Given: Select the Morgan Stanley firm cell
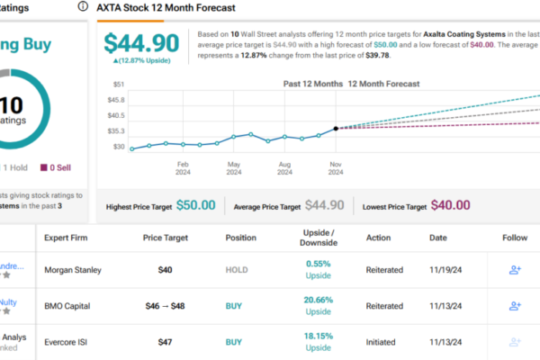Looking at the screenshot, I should [76, 268].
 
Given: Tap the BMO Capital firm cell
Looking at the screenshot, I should [70, 306].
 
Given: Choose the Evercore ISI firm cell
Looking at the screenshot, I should [69, 343].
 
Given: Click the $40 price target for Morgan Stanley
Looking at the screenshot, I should [165, 268].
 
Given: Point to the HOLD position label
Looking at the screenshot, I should [235, 268].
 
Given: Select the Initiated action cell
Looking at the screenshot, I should [386, 343].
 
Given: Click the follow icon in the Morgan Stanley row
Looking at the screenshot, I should [515, 268].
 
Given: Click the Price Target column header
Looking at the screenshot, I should [165, 238].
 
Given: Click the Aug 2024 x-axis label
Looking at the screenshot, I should [284, 169].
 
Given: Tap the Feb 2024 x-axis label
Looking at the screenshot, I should [182, 169].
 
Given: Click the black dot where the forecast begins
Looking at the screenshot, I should [336, 128].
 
